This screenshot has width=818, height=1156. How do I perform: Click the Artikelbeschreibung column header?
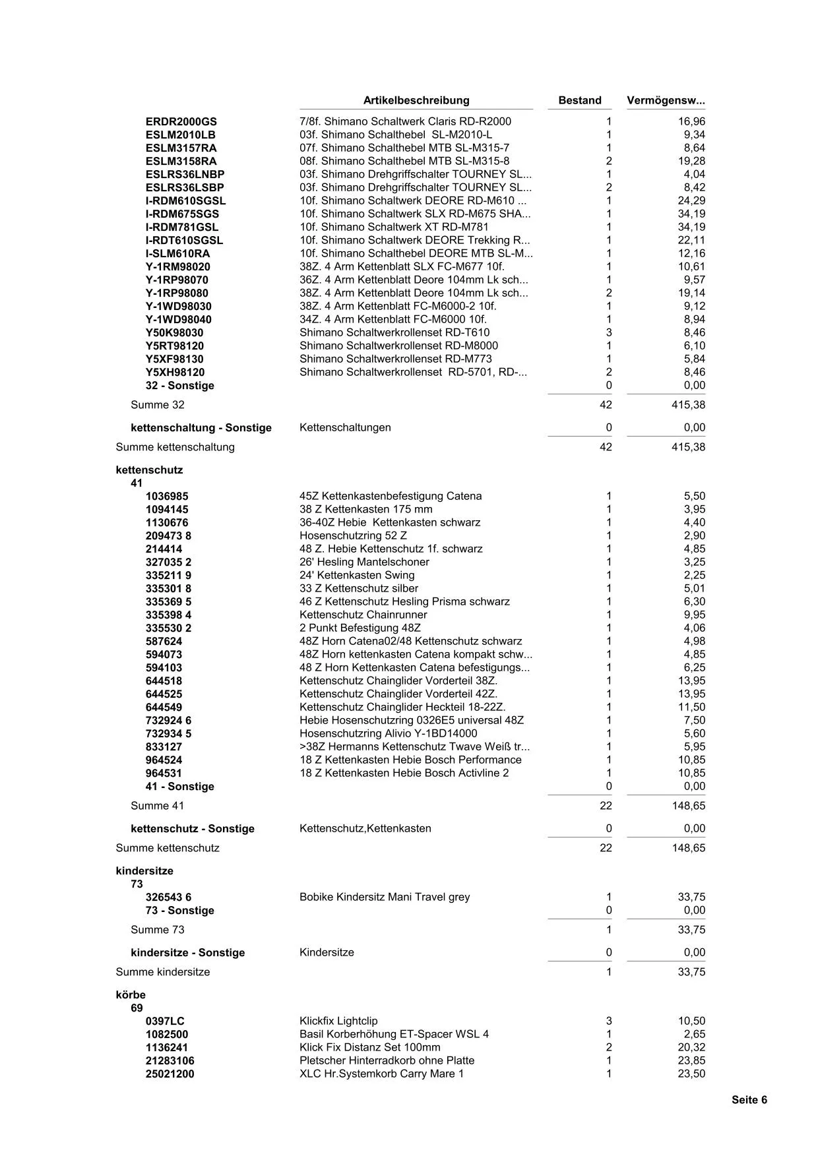point(416,100)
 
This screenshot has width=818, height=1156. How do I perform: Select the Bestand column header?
point(580,100)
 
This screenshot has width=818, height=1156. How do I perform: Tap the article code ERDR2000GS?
point(181,121)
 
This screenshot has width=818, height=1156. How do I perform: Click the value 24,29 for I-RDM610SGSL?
point(691,200)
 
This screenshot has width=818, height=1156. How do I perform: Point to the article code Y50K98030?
point(174,332)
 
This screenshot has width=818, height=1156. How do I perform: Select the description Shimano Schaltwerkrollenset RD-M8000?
point(398,346)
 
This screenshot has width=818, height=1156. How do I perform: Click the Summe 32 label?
point(158,405)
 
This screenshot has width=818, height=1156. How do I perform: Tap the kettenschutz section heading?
point(149,470)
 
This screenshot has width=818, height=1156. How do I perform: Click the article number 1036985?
point(167,496)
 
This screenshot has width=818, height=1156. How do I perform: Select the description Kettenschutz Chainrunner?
point(363,615)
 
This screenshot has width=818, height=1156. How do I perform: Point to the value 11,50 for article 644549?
point(691,707)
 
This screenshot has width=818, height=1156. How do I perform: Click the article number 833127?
point(164,746)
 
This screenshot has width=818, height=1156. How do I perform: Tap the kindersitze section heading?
point(144,871)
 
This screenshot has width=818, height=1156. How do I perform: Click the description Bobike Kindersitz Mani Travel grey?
point(385,897)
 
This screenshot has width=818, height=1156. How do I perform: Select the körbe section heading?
point(131,995)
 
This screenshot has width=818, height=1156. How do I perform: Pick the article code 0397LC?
point(165,1021)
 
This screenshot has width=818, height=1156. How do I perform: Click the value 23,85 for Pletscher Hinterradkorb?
point(691,1060)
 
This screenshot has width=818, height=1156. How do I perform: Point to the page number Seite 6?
point(749,1100)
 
